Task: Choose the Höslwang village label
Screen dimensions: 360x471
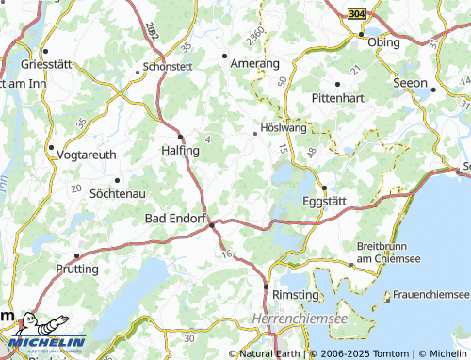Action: point(279,131)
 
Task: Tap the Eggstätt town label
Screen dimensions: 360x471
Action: point(327,201)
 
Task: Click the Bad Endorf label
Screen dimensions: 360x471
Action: point(174,219)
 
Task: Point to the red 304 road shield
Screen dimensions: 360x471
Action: point(355,15)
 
